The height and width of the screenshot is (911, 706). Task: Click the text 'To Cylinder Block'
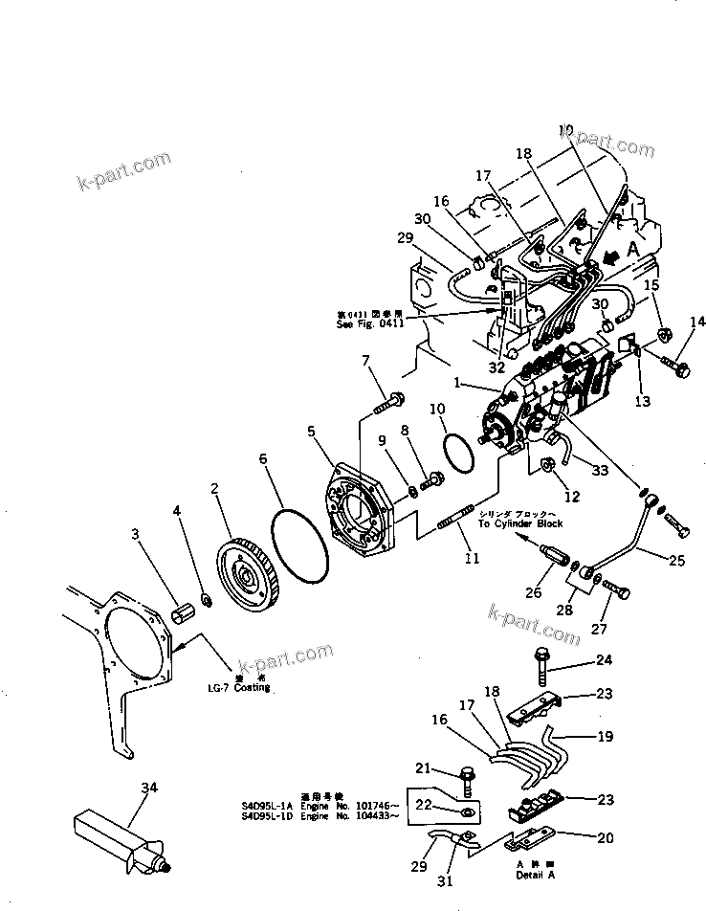point(520,523)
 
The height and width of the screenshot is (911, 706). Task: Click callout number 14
point(698,322)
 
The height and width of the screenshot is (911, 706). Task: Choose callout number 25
point(675,562)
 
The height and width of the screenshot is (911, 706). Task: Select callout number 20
point(605,838)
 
